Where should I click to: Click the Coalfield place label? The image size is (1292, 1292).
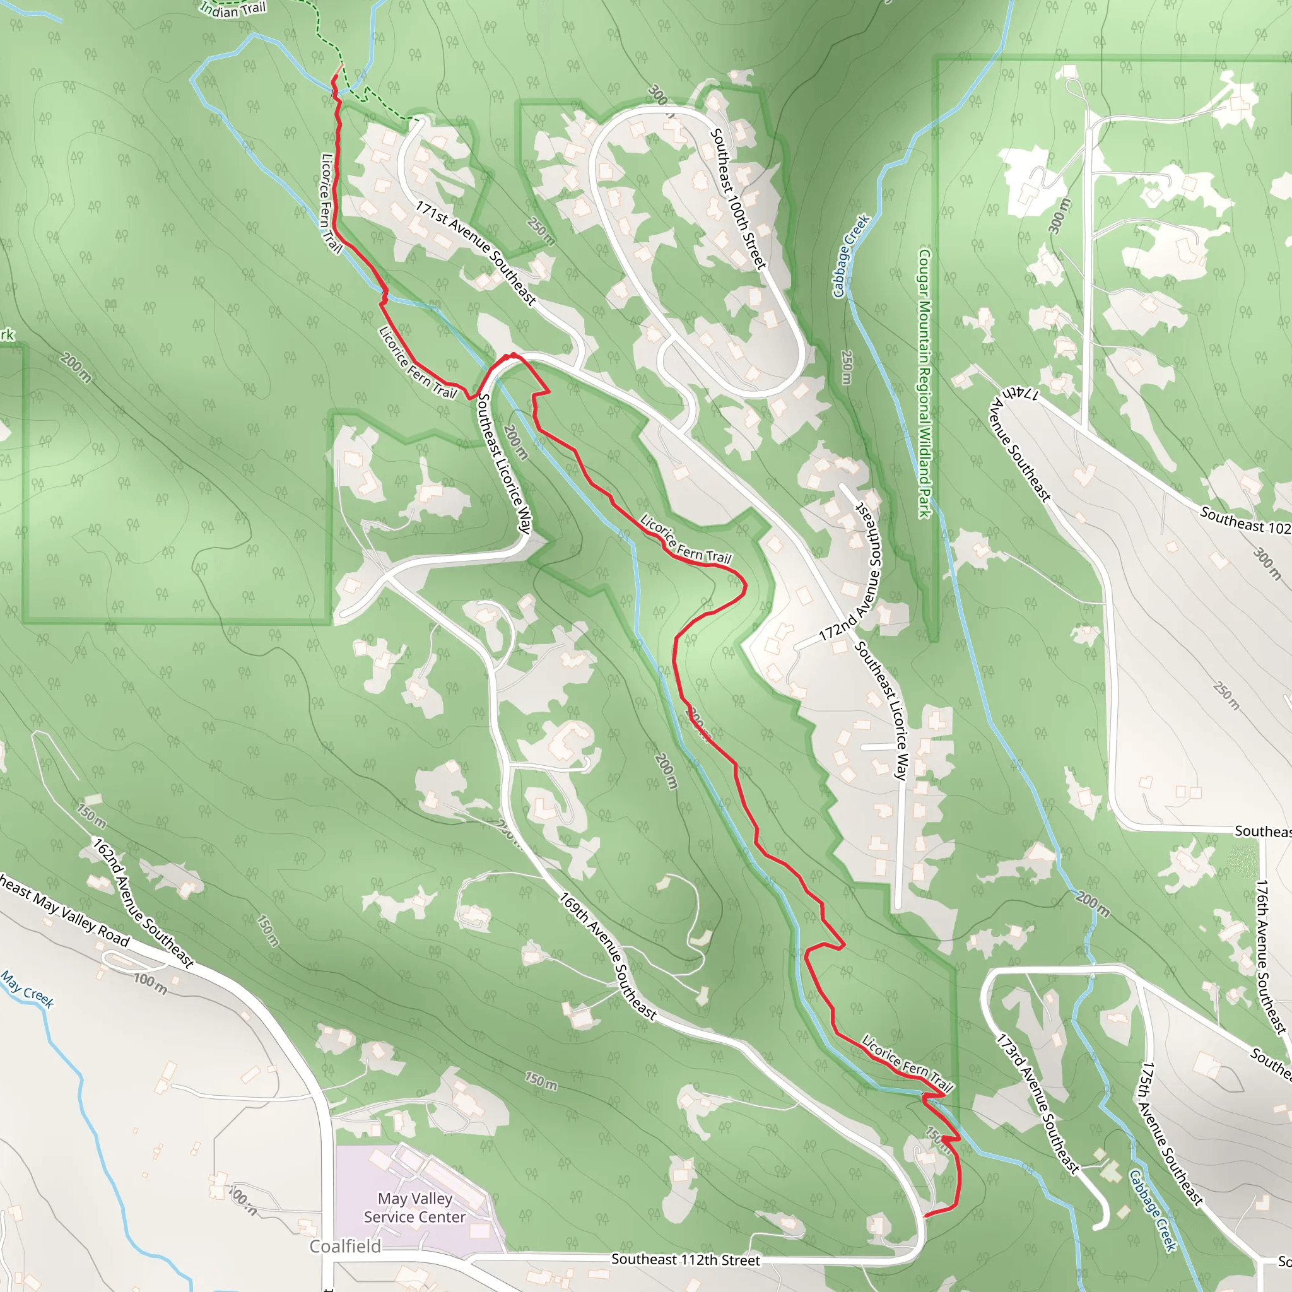pyautogui.click(x=345, y=1246)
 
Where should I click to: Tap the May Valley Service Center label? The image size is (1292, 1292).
pyautogui.click(x=414, y=1207)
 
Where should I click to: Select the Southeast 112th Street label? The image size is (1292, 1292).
pyautogui.click(x=686, y=1259)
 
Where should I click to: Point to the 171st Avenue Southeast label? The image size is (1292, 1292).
pyautogui.click(x=476, y=254)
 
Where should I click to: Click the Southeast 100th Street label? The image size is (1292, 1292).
pyautogui.click(x=737, y=199)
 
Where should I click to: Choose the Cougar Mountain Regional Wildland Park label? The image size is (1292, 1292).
pyautogui.click(x=924, y=383)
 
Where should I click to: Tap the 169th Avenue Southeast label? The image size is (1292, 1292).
pyautogui.click(x=608, y=956)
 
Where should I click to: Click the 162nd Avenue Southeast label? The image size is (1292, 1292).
pyautogui.click(x=143, y=903)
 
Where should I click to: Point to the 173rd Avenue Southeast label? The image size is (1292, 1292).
pyautogui.click(x=1038, y=1104)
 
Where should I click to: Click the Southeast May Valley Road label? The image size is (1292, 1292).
pyautogui.click(x=64, y=911)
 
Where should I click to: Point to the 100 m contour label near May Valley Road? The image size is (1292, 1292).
pyautogui.click(x=151, y=984)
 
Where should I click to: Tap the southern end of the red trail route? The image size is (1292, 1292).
pyautogui.click(x=925, y=1215)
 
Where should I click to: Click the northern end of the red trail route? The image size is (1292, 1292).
pyautogui.click(x=341, y=66)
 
